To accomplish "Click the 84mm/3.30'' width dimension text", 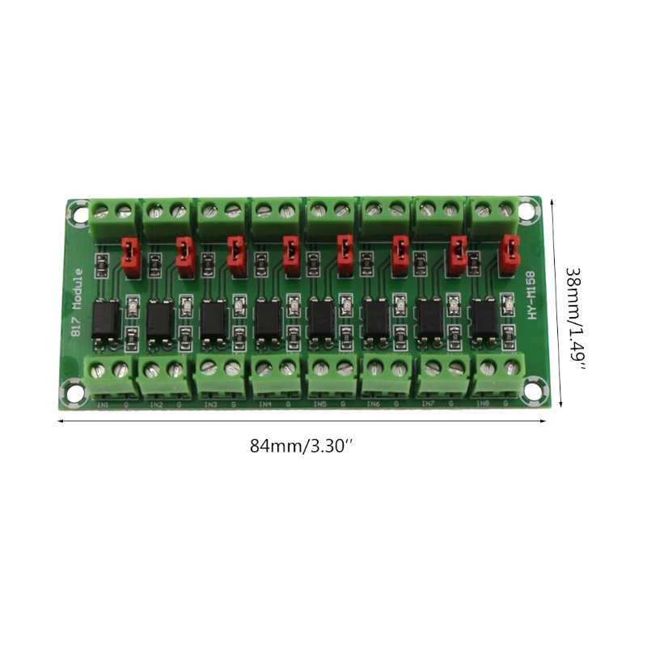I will [x=302, y=446].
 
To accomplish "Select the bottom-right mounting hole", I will [x=534, y=393].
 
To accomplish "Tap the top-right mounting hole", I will [x=527, y=213].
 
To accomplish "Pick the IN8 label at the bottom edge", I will [x=483, y=403].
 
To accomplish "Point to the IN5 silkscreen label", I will [x=319, y=404].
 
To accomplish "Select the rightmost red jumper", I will [x=510, y=252].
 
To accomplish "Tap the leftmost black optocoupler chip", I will [x=105, y=319].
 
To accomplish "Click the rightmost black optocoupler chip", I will [x=485, y=319].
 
